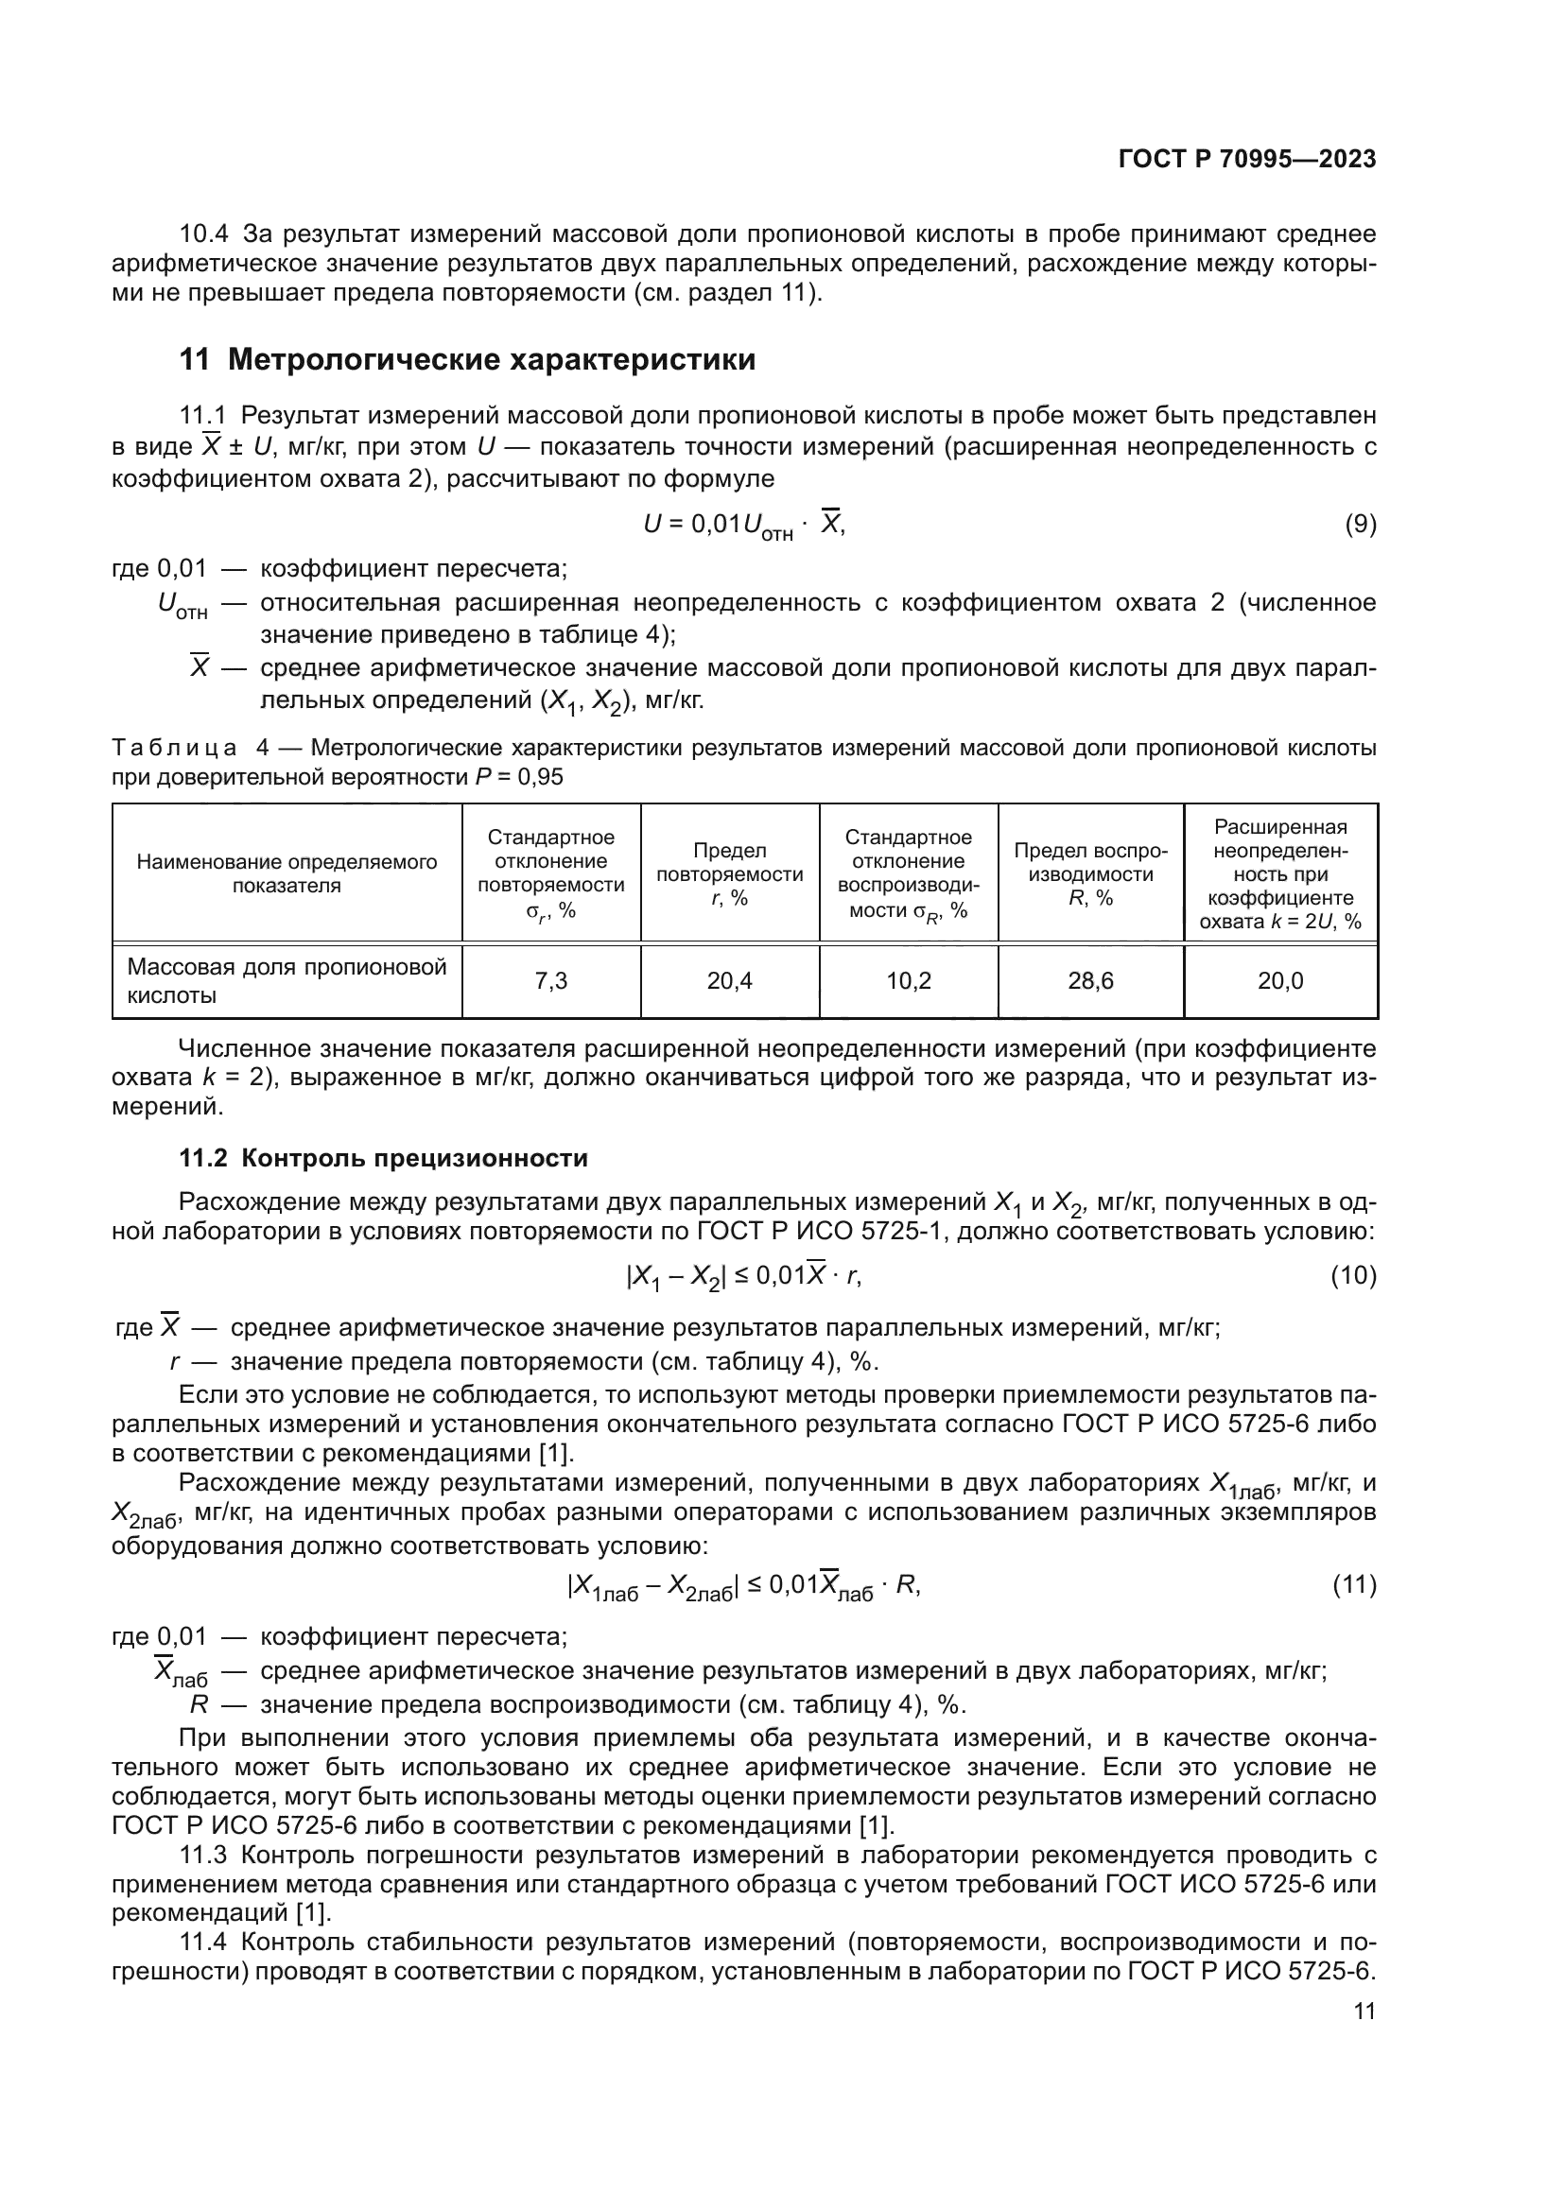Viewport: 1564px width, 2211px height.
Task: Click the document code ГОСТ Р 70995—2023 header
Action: (x=1246, y=159)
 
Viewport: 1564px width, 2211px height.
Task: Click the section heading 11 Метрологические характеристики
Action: (x=467, y=360)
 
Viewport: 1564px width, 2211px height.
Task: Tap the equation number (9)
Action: (x=1360, y=525)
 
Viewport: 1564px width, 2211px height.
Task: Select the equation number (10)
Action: (x=1353, y=1276)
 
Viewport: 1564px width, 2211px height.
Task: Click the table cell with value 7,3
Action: (x=551, y=981)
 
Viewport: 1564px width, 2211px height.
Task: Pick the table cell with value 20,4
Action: (x=729, y=981)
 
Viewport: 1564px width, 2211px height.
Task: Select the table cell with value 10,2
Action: (x=908, y=981)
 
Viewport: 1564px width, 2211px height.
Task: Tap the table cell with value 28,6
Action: (x=1090, y=981)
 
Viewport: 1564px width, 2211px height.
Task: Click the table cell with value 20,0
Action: (x=1280, y=981)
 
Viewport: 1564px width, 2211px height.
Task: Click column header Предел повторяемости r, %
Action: (x=729, y=873)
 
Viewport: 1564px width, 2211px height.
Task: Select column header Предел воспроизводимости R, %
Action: (x=1090, y=873)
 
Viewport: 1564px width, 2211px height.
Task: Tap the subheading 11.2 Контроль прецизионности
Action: (x=383, y=1158)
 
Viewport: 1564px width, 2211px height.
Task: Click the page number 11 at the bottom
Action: (x=1364, y=2011)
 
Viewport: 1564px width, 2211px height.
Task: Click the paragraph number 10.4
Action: (x=203, y=234)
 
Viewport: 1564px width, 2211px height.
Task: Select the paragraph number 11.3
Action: (x=203, y=1855)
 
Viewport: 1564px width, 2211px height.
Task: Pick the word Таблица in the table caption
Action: (x=173, y=749)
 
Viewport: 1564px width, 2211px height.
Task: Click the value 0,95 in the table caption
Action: (x=540, y=777)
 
